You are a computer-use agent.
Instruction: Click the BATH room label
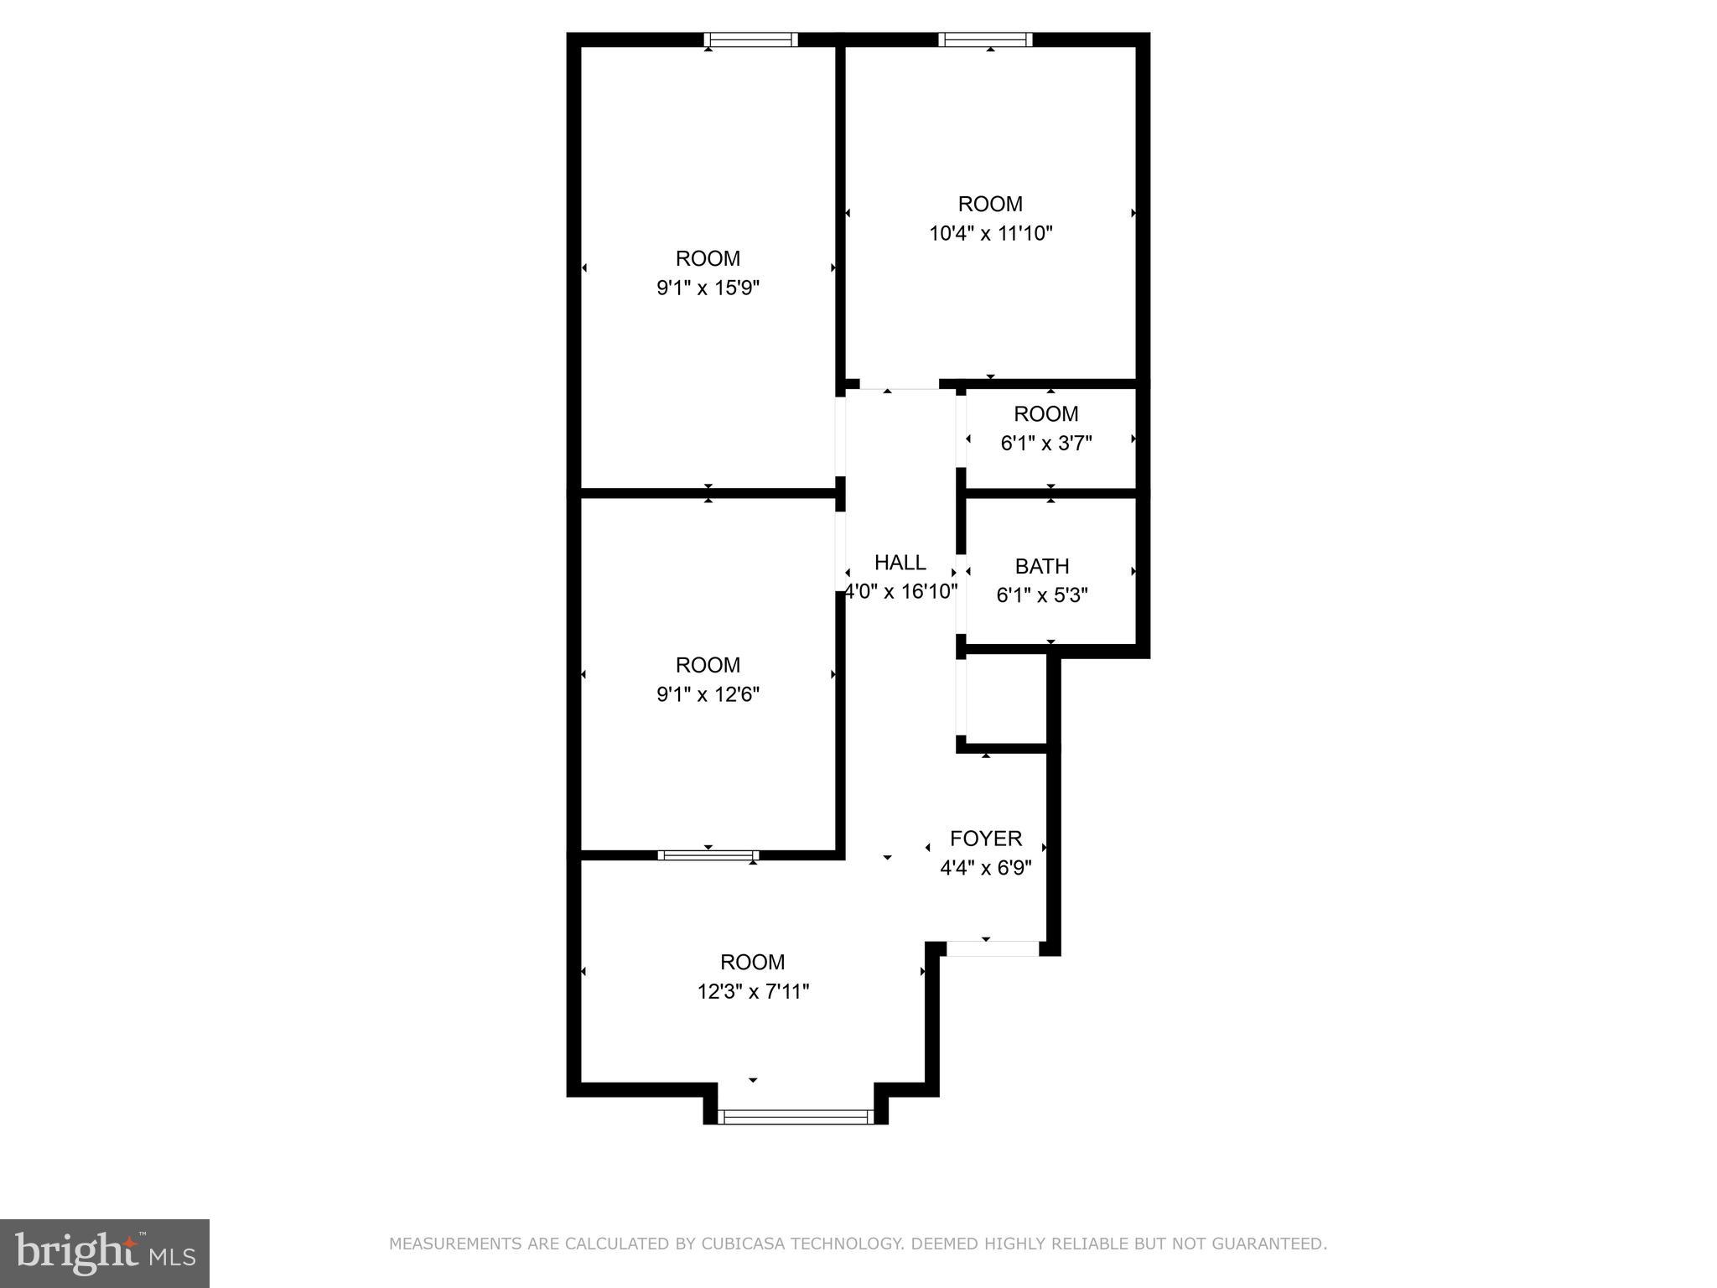point(1042,567)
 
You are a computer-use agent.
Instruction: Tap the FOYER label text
point(985,839)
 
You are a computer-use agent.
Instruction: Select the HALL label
point(900,563)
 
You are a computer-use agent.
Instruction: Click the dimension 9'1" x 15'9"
point(708,288)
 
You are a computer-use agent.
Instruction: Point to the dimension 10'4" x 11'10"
point(990,233)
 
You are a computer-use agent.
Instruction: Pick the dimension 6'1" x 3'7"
point(1045,443)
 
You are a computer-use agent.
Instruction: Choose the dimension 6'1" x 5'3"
point(1042,595)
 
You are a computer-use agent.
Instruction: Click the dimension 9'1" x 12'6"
point(708,694)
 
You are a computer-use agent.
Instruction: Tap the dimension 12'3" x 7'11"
point(753,992)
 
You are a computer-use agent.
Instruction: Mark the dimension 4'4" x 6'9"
point(985,868)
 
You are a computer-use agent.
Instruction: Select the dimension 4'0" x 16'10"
point(900,592)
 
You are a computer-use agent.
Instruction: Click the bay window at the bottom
point(796,1116)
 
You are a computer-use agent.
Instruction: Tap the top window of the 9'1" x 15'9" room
point(750,39)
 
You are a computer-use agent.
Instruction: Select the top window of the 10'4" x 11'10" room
point(985,39)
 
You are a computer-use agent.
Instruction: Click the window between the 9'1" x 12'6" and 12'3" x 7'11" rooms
point(708,855)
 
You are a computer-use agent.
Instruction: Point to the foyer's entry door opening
point(993,948)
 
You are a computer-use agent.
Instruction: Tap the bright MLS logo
point(105,1253)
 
